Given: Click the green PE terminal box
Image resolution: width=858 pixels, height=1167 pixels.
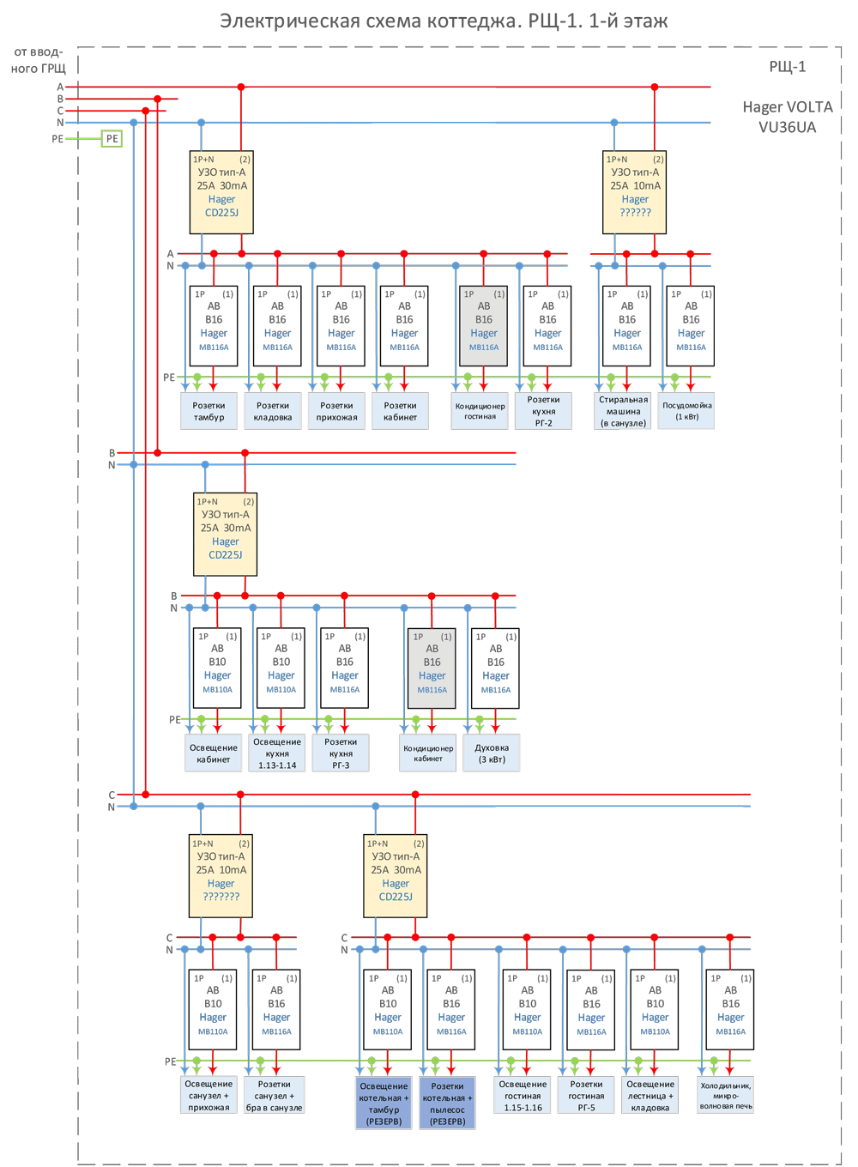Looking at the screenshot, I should coord(112,138).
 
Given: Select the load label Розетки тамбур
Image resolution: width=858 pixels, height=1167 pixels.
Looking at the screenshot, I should coord(208,411).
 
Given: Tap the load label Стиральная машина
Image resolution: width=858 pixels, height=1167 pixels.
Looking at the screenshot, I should coord(623,411).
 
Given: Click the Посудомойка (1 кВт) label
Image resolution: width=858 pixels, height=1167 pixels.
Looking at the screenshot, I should coord(686,411).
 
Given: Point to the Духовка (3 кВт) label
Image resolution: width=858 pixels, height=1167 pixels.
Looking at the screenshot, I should coord(492,753).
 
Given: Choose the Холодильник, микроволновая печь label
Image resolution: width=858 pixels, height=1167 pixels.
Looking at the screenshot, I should coord(726,1096).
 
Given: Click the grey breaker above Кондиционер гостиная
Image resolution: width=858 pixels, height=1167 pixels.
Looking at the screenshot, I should coord(484,326).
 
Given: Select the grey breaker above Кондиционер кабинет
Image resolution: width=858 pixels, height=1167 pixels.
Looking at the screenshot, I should coord(432,668).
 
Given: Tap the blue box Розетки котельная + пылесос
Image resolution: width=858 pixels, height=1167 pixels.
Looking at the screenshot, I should coord(447,1104).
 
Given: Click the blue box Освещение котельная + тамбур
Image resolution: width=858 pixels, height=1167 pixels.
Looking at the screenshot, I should coord(384,1104).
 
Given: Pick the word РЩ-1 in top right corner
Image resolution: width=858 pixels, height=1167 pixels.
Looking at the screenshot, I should coord(787,67).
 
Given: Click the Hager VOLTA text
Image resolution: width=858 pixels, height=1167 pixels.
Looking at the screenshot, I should coord(787,107).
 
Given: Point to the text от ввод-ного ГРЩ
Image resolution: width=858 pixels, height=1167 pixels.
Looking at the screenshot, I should coord(38,60).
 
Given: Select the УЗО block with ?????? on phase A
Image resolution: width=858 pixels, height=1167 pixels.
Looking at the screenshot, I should coord(635,192).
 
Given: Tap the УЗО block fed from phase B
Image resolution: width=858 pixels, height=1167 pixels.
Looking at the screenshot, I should coord(226,535).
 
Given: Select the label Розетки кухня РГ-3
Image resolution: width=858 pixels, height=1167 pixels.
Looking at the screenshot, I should coord(341,753).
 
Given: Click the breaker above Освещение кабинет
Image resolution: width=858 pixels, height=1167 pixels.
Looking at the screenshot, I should coord(217,668).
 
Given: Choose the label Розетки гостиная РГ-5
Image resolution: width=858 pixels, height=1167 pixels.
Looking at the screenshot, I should coord(587,1096).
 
